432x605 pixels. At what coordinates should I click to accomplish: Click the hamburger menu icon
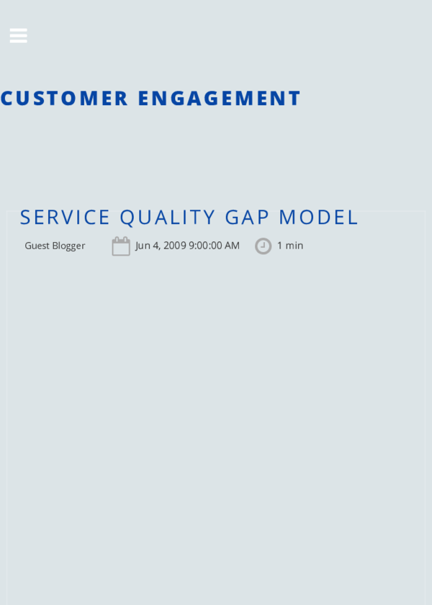(x=18, y=35)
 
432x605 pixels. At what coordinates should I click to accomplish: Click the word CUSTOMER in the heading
(x=64, y=98)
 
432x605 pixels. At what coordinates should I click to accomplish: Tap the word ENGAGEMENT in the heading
(x=219, y=98)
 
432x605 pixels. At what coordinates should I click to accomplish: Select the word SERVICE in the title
(x=65, y=217)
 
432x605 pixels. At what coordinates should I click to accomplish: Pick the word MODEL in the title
(x=318, y=217)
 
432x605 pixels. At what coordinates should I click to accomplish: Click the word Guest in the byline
(x=37, y=246)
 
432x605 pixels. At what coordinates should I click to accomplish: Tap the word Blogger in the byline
(x=68, y=246)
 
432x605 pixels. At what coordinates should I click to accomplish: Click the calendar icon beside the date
(x=121, y=246)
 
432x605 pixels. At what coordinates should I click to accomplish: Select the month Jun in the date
(x=143, y=246)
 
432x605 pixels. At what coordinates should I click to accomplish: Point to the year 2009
(x=174, y=246)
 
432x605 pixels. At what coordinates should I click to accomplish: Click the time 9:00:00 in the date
(x=205, y=246)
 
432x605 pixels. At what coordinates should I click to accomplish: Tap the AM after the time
(x=232, y=246)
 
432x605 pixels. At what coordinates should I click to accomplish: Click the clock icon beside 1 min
(x=263, y=246)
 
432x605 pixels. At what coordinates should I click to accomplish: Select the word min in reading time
(x=294, y=246)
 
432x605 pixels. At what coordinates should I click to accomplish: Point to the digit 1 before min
(x=279, y=246)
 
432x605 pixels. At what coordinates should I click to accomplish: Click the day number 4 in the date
(x=156, y=246)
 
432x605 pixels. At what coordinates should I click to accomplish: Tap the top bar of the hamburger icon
(x=18, y=30)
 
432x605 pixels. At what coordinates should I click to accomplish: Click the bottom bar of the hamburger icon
(x=18, y=41)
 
